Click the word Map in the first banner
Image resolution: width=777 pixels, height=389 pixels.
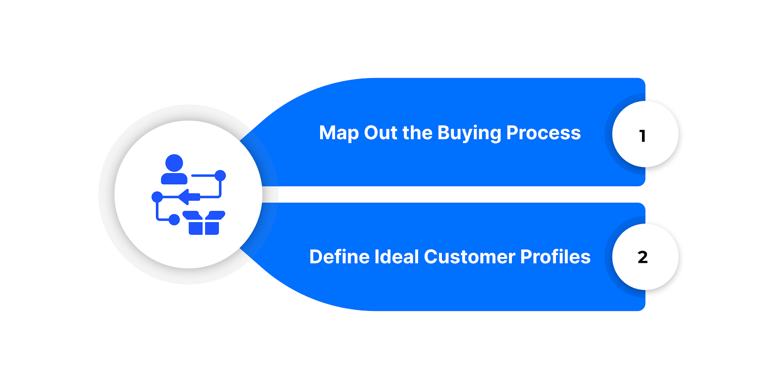[x=338, y=133]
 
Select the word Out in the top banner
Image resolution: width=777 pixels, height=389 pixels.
[x=380, y=133]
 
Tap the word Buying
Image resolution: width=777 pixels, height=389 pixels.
[x=469, y=133]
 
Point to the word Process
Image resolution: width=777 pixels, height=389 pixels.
[x=543, y=133]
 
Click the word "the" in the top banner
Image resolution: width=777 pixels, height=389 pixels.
[x=417, y=133]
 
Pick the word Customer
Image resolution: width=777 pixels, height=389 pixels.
[x=469, y=257]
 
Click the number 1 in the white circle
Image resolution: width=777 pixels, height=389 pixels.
[x=642, y=136]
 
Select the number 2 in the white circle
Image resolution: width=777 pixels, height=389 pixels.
[x=642, y=257]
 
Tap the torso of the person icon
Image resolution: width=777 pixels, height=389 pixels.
[x=174, y=178]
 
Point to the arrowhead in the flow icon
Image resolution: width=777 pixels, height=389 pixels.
[x=185, y=196]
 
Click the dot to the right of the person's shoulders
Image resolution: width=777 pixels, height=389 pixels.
[x=220, y=175]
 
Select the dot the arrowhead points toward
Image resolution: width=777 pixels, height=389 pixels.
[x=157, y=196]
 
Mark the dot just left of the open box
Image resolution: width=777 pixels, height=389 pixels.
[x=174, y=220]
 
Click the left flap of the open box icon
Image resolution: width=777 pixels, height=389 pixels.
[x=192, y=215]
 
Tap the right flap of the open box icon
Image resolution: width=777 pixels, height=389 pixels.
[x=216, y=215]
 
